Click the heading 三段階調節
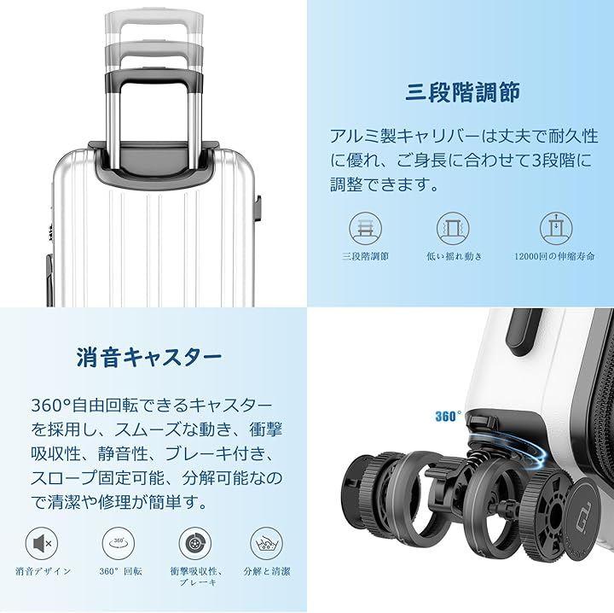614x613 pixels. pyautogui.click(x=462, y=92)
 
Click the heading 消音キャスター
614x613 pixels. pyautogui.click(x=149, y=358)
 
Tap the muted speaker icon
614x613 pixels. pyautogui.click(x=42, y=544)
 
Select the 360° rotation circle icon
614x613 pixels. pyautogui.click(x=119, y=544)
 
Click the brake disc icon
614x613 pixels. pyautogui.click(x=195, y=544)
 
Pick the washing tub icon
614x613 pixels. pyautogui.click(x=267, y=544)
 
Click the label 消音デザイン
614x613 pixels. pyautogui.click(x=43, y=571)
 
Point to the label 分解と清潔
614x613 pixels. pyautogui.click(x=267, y=571)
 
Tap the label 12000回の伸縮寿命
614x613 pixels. pyautogui.click(x=554, y=256)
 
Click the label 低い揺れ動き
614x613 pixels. pyautogui.click(x=455, y=256)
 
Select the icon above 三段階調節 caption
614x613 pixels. pyautogui.click(x=365, y=229)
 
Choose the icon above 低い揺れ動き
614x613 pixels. pyautogui.click(x=453, y=229)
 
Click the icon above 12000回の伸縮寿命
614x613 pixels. pyautogui.click(x=556, y=229)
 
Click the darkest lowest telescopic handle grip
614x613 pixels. pyautogui.click(x=153, y=78)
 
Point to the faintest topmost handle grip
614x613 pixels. pyautogui.click(x=153, y=20)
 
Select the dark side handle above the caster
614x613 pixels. pyautogui.click(x=524, y=332)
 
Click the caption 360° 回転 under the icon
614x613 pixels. pyautogui.click(x=120, y=571)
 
